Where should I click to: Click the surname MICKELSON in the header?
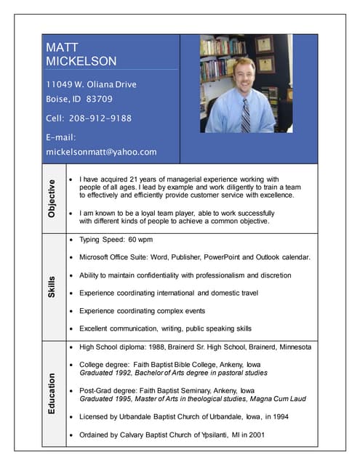tap(81, 62)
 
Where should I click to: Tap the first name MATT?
tap(62, 47)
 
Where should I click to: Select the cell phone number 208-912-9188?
tap(100, 118)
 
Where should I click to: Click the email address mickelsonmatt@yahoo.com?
tap(101, 152)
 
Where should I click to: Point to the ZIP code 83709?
tap(100, 99)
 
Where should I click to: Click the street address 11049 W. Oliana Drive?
tap(91, 84)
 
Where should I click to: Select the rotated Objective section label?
tap(52, 198)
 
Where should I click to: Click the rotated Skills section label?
tap(52, 287)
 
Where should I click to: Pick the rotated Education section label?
tap(52, 394)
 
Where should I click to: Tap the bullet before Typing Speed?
tap(70, 239)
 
